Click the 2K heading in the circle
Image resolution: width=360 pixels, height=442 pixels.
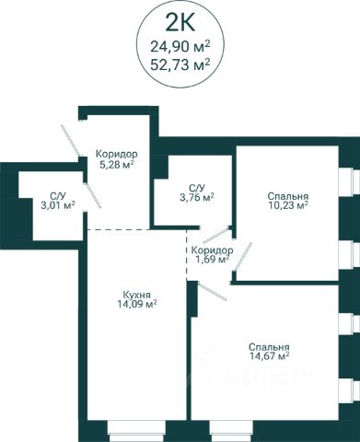[x=180, y=23]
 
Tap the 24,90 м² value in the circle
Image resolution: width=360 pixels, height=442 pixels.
[x=180, y=47]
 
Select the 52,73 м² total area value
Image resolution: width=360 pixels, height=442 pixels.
[x=180, y=64]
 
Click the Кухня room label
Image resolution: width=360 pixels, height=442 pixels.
[x=136, y=296]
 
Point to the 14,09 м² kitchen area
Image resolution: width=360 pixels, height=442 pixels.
[x=137, y=304]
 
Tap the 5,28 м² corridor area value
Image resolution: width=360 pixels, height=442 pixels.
[x=116, y=165]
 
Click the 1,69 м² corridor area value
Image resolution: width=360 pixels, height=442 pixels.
[x=213, y=260]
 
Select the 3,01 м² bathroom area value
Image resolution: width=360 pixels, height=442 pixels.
[x=58, y=204]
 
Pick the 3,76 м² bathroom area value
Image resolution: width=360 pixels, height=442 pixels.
[x=196, y=197]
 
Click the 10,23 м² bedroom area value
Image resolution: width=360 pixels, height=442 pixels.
[x=287, y=205]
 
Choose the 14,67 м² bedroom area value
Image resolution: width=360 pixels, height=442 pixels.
[x=269, y=356]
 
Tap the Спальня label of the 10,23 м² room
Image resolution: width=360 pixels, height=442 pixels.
[x=287, y=196]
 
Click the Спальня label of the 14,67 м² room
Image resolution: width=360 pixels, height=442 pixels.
[x=269, y=347]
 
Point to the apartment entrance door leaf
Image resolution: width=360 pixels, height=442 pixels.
[x=71, y=141]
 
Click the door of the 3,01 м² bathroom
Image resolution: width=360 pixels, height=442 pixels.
[x=93, y=196]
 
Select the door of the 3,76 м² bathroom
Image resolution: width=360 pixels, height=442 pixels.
[x=216, y=235]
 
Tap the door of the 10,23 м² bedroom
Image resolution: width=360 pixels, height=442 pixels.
[x=243, y=257]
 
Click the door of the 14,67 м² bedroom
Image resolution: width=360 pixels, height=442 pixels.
[x=213, y=292]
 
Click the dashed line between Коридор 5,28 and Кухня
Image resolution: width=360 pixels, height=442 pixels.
[x=119, y=229]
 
